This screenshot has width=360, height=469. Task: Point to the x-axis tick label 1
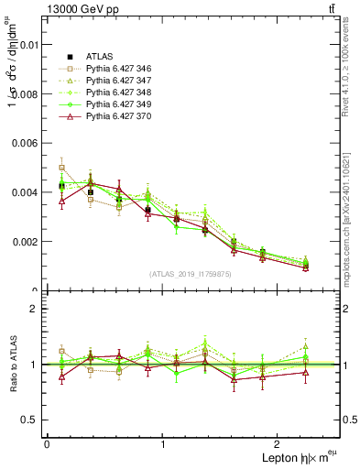[x=163, y=444]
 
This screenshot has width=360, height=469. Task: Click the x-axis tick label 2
[x=280, y=444]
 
